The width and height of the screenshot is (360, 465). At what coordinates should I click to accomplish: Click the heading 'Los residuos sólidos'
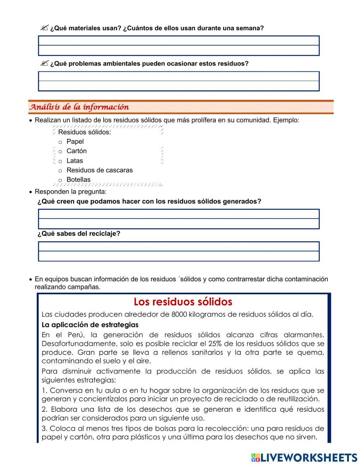pos(183,301)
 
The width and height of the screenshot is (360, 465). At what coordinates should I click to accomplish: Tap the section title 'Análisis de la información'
pos(79,107)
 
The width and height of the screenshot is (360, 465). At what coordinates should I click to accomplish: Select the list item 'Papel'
pos(75,142)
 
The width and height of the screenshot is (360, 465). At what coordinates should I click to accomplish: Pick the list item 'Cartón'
pos(76,151)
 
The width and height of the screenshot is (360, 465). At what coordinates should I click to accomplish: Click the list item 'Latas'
pos(75,161)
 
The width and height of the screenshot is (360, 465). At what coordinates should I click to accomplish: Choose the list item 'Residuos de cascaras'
pos(99,170)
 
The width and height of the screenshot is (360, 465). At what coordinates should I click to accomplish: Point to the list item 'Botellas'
pos(78,179)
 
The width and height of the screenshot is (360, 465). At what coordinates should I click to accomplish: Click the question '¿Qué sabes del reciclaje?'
pos(79,233)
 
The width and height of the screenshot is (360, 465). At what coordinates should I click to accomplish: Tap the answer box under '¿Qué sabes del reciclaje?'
pos(179,251)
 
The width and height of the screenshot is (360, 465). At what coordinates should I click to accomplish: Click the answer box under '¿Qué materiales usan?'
pos(179,46)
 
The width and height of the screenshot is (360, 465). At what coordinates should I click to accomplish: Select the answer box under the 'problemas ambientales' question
pos(179,81)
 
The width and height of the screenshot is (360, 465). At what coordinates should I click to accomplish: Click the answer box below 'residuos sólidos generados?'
pos(179,219)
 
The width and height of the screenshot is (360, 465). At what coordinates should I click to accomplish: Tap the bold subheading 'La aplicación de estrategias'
pos(90,325)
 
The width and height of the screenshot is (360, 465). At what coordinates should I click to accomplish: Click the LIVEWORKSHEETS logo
pos(304,457)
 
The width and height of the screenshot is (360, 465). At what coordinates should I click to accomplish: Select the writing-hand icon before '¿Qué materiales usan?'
pos(44,28)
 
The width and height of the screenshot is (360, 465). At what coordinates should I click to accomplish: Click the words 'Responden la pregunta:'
pos(71,192)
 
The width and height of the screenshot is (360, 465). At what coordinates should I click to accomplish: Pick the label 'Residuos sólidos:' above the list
pos(85,132)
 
